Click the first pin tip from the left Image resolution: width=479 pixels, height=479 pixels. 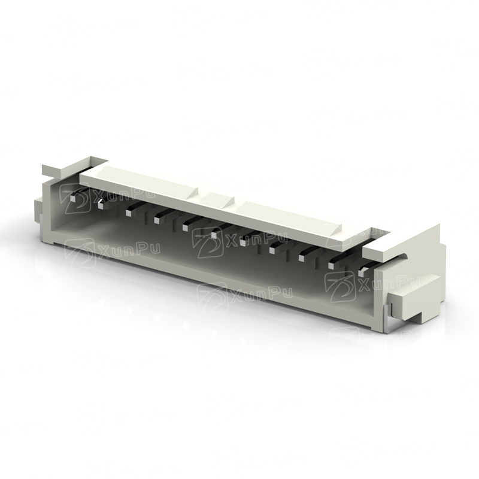72,199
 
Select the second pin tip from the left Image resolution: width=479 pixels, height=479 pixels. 101,205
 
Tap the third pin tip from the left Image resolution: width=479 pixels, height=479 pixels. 129,213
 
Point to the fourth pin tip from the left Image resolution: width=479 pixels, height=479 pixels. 157,220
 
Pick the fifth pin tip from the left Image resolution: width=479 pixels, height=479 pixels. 186,228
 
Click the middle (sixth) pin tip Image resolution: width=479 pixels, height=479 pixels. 214,235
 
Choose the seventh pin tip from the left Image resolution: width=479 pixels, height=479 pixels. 243,242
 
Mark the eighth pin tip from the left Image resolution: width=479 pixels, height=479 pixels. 272,250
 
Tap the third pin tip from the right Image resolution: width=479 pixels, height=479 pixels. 302,258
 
